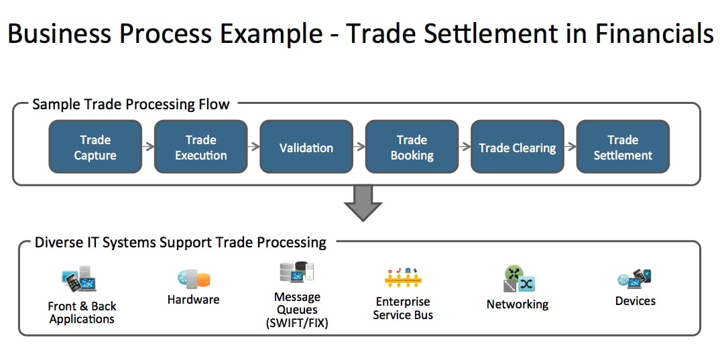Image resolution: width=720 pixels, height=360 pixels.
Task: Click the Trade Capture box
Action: tap(95, 146)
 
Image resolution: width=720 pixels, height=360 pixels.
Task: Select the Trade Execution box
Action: tap(200, 146)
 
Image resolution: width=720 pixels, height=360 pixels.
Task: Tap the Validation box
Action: tap(306, 146)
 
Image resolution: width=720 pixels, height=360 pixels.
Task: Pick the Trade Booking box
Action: tap(412, 146)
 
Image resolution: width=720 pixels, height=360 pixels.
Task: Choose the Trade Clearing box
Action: tap(518, 146)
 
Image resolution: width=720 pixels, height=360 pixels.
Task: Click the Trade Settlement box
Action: tap(623, 146)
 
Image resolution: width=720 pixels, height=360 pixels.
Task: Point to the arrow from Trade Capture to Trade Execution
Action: tap(148, 146)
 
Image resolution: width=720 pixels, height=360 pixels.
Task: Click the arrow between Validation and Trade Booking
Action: tap(359, 146)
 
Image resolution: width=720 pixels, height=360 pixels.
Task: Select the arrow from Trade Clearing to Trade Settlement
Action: tap(571, 146)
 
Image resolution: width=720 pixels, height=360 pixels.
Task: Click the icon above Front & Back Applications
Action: tap(79, 279)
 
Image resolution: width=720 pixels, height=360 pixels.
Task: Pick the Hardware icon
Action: tap(193, 279)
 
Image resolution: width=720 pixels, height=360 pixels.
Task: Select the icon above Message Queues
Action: tap(296, 272)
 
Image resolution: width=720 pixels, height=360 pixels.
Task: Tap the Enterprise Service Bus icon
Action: tap(403, 278)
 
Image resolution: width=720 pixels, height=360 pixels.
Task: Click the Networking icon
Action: tap(519, 280)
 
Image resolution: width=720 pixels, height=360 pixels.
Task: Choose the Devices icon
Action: tap(635, 279)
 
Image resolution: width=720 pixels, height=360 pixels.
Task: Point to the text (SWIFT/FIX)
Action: tap(297, 323)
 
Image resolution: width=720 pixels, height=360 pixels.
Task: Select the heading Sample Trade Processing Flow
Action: tap(131, 104)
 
